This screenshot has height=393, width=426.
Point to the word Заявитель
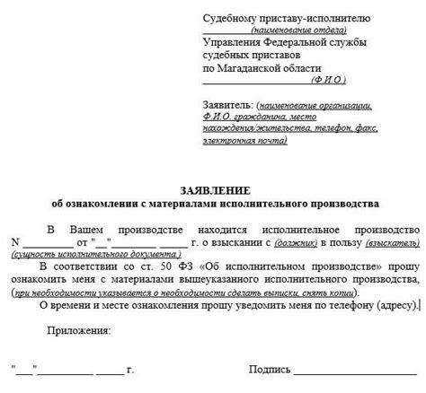pos(228,105)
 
